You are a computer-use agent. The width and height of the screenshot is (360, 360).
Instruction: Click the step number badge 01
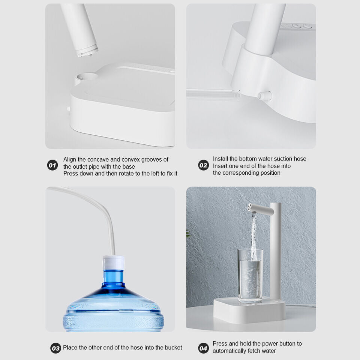(52, 165)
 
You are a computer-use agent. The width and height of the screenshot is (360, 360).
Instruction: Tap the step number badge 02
(203, 165)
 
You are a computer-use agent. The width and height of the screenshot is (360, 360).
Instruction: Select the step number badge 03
(55, 348)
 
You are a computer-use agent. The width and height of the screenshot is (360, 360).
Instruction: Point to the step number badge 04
(203, 348)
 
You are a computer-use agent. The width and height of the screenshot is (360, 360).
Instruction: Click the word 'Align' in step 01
(70, 159)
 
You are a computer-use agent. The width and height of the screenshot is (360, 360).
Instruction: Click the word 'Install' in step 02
(221, 159)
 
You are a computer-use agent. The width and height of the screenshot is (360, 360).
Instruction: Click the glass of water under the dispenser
(250, 276)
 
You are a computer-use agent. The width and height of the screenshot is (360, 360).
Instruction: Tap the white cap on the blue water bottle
(113, 262)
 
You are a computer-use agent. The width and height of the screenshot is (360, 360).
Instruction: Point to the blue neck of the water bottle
(113, 277)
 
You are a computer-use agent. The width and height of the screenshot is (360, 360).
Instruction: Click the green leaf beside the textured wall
(189, 234)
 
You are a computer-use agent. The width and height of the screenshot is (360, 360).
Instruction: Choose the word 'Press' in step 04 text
(220, 343)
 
